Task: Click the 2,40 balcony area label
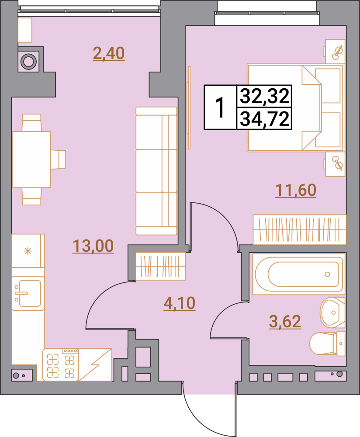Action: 109,53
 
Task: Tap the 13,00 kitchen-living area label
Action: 93,246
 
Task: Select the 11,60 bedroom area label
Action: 296,190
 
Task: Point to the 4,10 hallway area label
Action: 180,303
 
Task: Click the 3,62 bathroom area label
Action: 285,321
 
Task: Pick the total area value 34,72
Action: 264,119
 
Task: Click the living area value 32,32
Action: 264,96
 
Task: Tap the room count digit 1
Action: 220,108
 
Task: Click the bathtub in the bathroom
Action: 299,274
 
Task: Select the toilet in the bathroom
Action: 327,343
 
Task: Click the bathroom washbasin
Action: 332,312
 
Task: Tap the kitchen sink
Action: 28,294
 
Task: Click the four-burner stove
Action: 61,364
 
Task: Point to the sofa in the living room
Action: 156,171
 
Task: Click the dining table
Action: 31,160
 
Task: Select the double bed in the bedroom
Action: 296,108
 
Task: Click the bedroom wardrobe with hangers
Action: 300,230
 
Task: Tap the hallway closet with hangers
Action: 160,266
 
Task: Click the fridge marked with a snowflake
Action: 28,251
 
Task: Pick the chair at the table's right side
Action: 58,160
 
